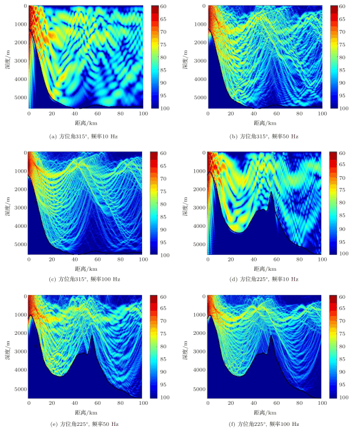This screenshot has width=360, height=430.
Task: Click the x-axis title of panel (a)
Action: (85, 123)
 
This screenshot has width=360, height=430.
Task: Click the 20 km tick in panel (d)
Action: (231, 258)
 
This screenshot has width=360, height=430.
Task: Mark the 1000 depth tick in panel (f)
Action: (199, 316)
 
